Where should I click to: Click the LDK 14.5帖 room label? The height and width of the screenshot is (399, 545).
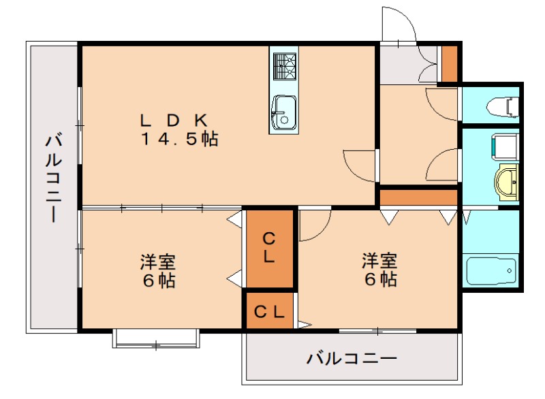pyautogui.click(x=179, y=129)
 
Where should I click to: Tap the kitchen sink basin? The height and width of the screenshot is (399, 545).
pyautogui.click(x=283, y=112)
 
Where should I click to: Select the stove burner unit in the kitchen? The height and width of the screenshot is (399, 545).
pyautogui.click(x=284, y=67)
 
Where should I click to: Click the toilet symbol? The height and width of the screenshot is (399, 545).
pyautogui.click(x=503, y=106)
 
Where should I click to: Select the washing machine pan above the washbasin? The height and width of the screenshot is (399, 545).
pyautogui.click(x=503, y=146)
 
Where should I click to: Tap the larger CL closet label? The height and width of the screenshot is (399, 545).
pyautogui.click(x=270, y=248)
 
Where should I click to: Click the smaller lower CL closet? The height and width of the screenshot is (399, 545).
pyautogui.click(x=270, y=312)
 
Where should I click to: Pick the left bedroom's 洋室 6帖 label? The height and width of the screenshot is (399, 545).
pyautogui.click(x=158, y=270)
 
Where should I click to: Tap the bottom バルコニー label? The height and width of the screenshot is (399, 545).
pyautogui.click(x=351, y=358)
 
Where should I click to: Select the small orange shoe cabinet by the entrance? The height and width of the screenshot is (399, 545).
pyautogui.click(x=449, y=63)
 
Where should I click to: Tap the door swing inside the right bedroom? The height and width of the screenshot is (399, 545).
pyautogui.click(x=314, y=225)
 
